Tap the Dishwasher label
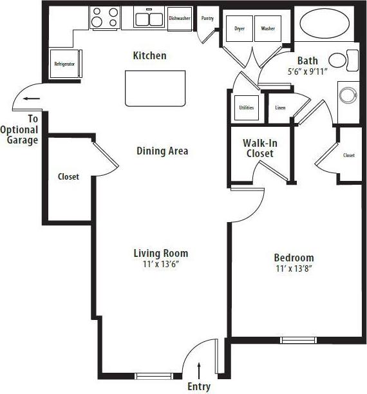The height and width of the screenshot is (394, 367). click(180, 19)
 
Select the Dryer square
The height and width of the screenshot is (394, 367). click(239, 29)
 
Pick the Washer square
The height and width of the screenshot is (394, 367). click(267, 29)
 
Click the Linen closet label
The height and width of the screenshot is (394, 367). click(280, 108)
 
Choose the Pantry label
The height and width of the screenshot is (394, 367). click(207, 19)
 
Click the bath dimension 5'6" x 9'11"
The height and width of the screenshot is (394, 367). click(308, 72)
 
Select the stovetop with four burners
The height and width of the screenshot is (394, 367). click(104, 17)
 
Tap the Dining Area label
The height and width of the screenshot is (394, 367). click(162, 151)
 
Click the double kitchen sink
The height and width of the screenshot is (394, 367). click(149, 18)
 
